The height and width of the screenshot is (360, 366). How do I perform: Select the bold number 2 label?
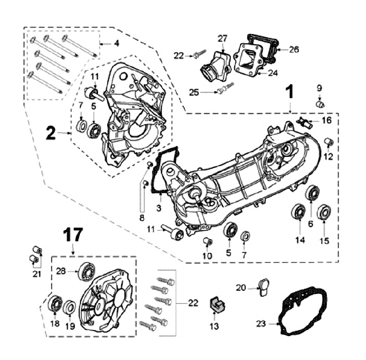(x=50, y=133)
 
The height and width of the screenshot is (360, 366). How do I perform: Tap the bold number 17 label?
(x=72, y=235)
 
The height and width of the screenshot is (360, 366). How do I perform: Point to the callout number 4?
(x=116, y=44)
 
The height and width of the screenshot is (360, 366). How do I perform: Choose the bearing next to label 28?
(x=86, y=272)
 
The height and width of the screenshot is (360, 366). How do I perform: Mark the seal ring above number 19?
(x=70, y=307)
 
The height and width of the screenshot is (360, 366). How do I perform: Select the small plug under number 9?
(x=320, y=104)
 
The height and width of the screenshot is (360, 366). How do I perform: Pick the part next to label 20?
(x=264, y=286)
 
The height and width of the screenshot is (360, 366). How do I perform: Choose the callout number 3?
(x=159, y=208)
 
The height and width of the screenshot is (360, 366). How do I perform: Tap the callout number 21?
(x=36, y=274)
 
